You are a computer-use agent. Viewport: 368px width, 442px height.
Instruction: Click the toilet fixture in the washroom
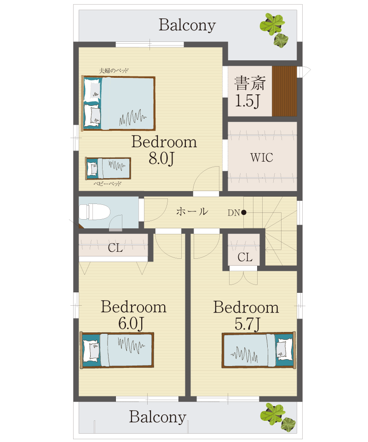[94, 212]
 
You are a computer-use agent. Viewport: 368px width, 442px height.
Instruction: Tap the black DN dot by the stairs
[244, 213]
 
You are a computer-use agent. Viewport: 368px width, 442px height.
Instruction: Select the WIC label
[262, 157]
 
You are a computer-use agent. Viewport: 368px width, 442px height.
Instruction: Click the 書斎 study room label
[250, 83]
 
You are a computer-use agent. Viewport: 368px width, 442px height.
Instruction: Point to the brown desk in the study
[284, 91]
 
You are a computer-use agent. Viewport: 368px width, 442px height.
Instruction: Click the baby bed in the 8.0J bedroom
[108, 169]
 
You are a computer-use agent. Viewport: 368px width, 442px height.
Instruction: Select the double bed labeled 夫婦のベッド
[119, 103]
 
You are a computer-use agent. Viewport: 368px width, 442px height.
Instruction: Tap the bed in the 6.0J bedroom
[117, 350]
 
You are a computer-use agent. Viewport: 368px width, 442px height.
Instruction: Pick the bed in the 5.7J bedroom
[259, 350]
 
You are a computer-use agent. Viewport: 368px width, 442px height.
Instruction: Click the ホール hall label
[192, 211]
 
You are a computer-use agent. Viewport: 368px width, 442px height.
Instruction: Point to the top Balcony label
[187, 25]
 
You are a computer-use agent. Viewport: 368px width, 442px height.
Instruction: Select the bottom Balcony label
[158, 417]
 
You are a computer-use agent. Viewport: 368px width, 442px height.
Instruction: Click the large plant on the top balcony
[272, 23]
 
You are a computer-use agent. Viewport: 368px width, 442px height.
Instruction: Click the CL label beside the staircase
[245, 257]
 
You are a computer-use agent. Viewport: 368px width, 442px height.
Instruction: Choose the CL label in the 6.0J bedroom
[115, 248]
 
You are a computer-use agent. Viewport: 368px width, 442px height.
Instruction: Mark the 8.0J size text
[161, 158]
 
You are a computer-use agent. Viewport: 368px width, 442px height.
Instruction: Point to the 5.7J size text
[247, 324]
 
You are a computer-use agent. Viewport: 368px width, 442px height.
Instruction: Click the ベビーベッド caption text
[108, 184]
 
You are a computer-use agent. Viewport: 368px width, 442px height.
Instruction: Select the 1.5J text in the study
[247, 101]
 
